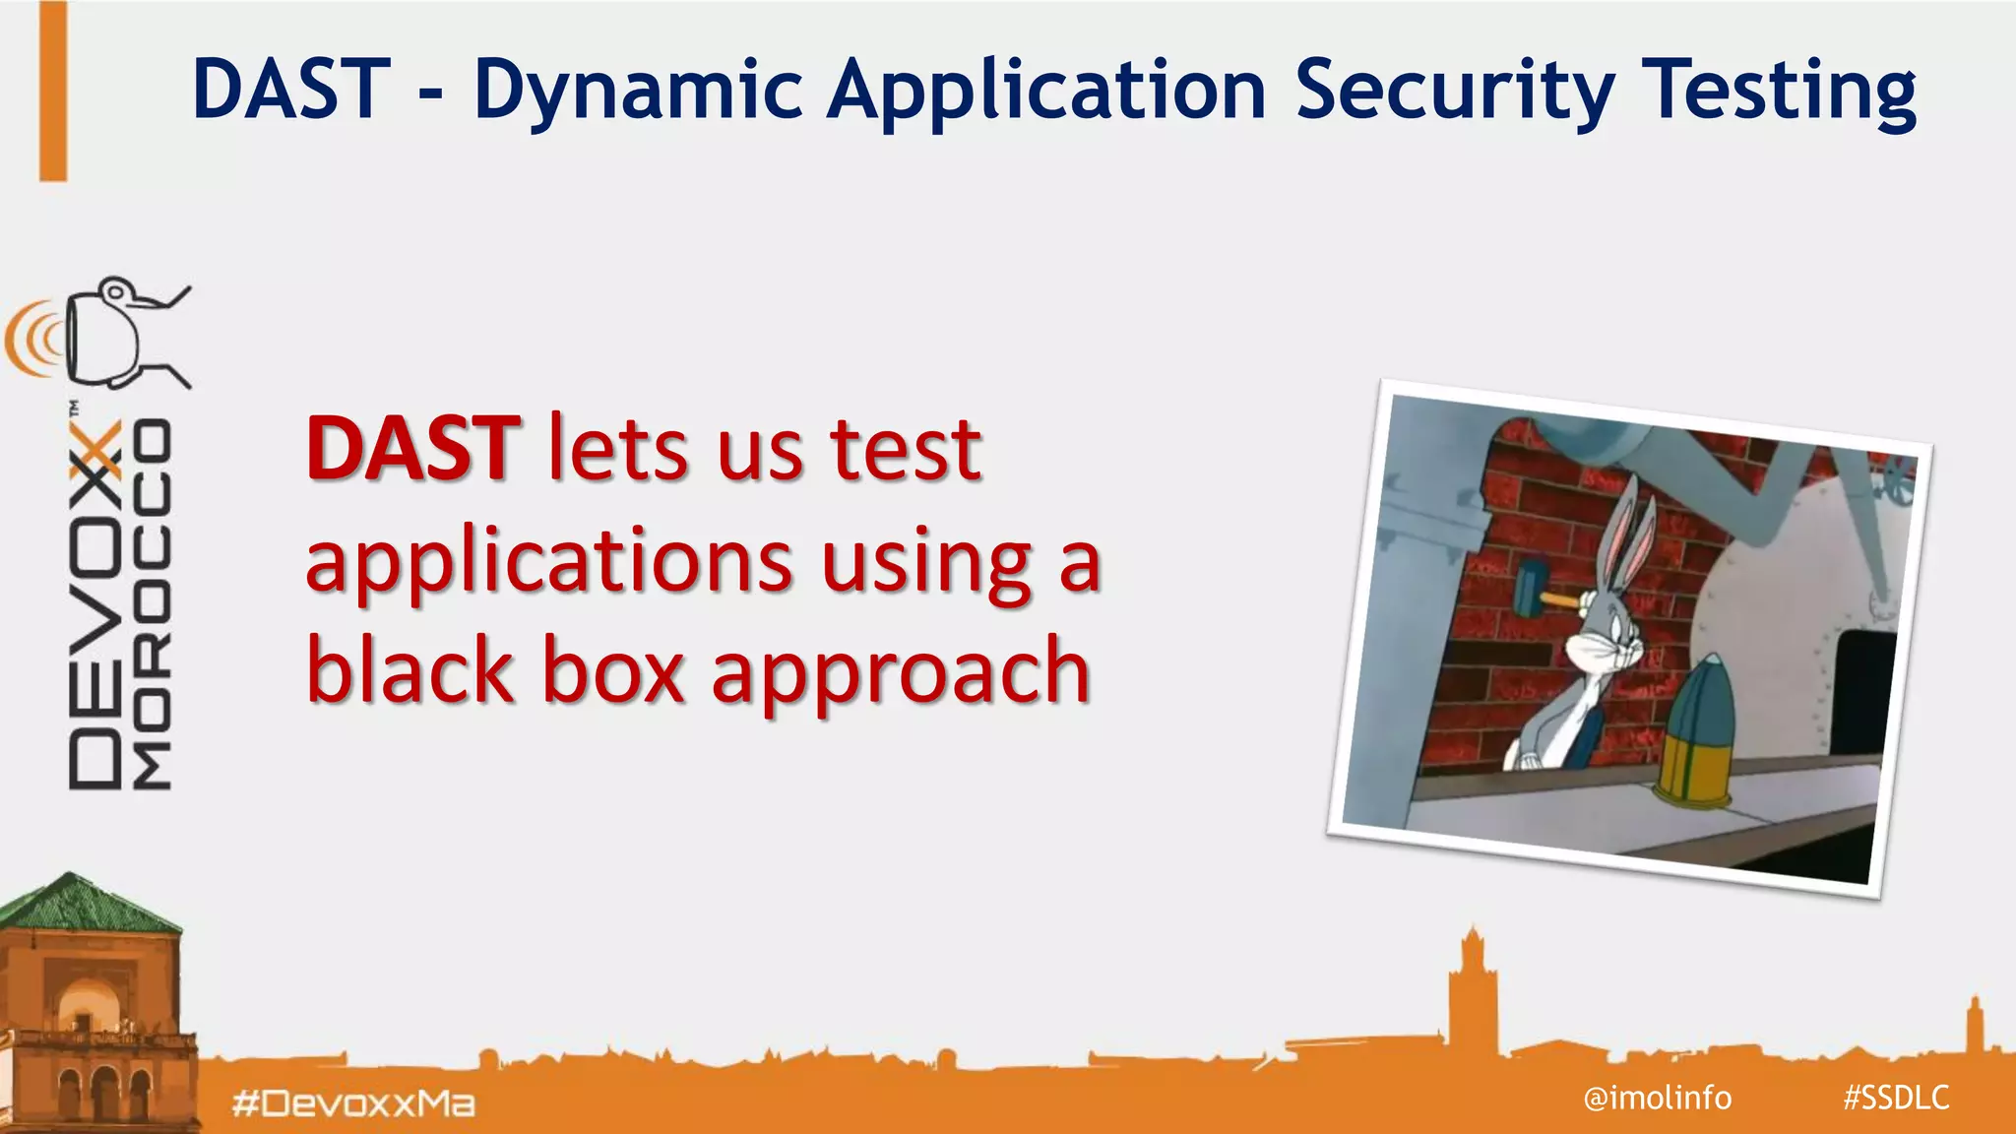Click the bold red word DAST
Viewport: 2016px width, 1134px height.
pos(413,450)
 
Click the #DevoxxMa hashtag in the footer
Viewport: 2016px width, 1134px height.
pos(353,1103)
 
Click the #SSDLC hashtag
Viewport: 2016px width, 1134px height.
pos(1896,1097)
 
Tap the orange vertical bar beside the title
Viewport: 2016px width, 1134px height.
pos(53,91)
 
